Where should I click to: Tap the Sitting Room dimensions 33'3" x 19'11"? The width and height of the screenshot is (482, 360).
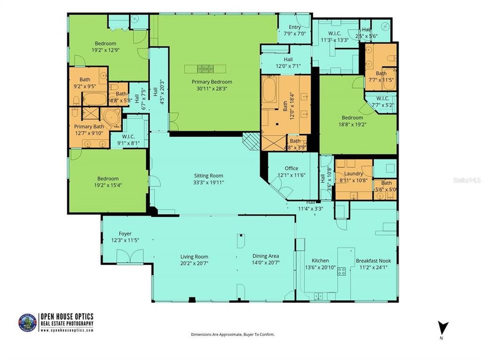pyautogui.click(x=209, y=182)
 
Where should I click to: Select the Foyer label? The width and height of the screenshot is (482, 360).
pyautogui.click(x=125, y=233)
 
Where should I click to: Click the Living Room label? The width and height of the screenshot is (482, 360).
pyautogui.click(x=194, y=257)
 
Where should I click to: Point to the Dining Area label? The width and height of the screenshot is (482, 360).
pyautogui.click(x=265, y=256)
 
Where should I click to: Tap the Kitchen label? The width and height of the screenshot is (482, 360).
pyautogui.click(x=320, y=261)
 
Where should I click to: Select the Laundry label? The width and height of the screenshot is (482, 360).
pyautogui.click(x=353, y=173)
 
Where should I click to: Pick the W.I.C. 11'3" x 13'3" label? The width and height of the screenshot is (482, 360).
pyautogui.click(x=334, y=34)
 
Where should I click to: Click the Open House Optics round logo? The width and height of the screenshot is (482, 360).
pyautogui.click(x=28, y=323)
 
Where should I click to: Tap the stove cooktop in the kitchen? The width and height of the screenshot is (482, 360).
pyautogui.click(x=342, y=271)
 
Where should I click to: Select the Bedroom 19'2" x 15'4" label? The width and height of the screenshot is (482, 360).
pyautogui.click(x=108, y=178)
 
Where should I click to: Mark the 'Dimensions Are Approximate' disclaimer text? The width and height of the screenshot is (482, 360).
pyautogui.click(x=233, y=334)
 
